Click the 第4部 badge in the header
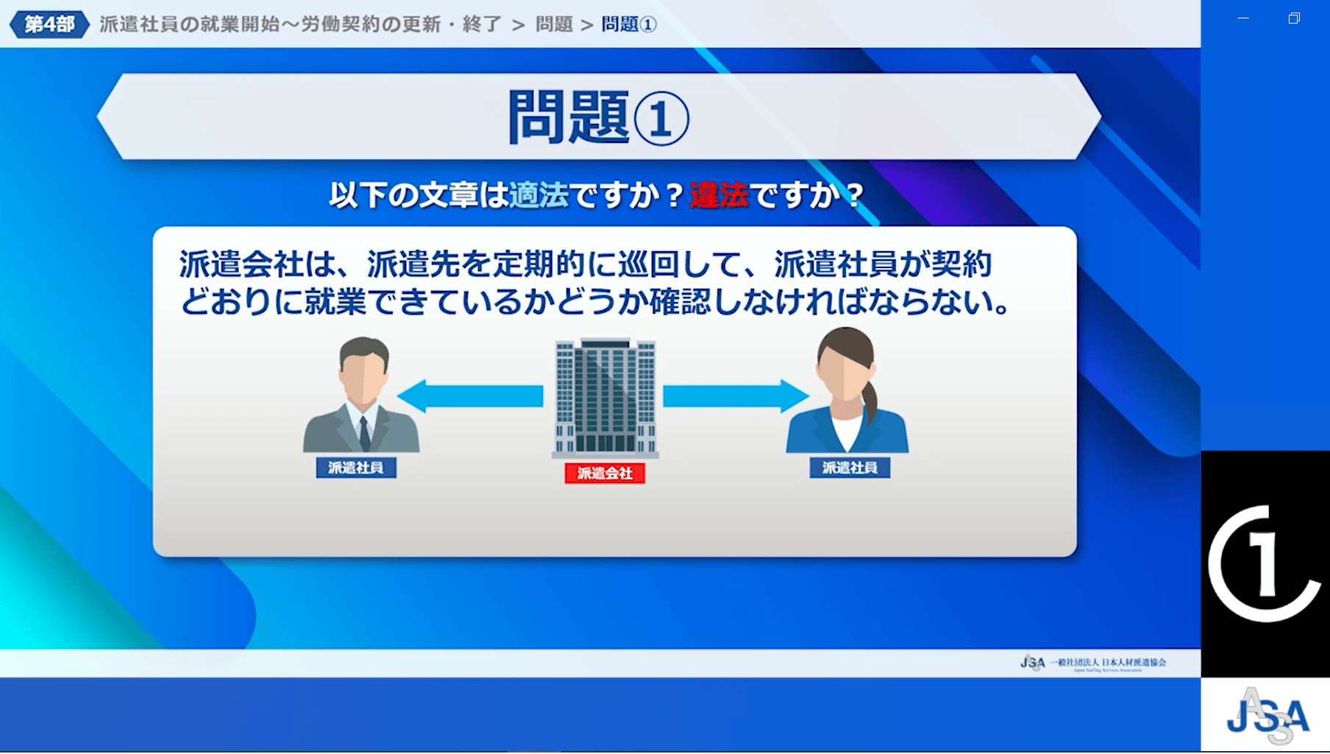click(49, 24)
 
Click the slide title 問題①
click(598, 118)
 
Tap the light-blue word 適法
click(538, 195)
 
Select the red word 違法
click(718, 195)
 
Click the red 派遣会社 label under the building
click(605, 473)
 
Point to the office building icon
click(605, 398)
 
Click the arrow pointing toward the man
click(470, 396)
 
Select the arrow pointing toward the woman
click(736, 396)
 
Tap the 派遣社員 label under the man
click(356, 468)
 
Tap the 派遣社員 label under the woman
click(850, 468)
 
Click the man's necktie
click(364, 434)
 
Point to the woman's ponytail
click(870, 401)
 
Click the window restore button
click(1294, 18)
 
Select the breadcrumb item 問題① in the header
click(629, 24)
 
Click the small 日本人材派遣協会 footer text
click(1134, 662)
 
